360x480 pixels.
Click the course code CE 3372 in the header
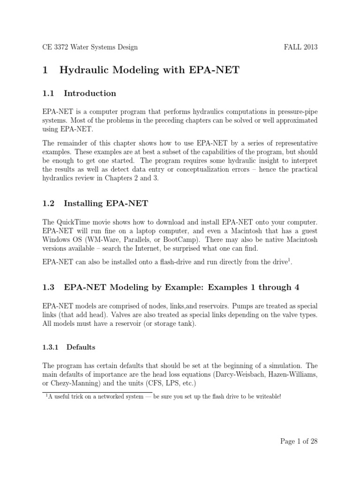coord(55,47)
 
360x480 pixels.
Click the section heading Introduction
coord(90,93)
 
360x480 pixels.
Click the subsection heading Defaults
coord(81,347)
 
